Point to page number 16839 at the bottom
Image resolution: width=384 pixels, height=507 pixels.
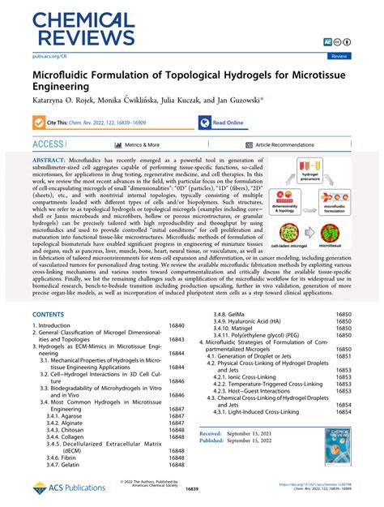[191, 492]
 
